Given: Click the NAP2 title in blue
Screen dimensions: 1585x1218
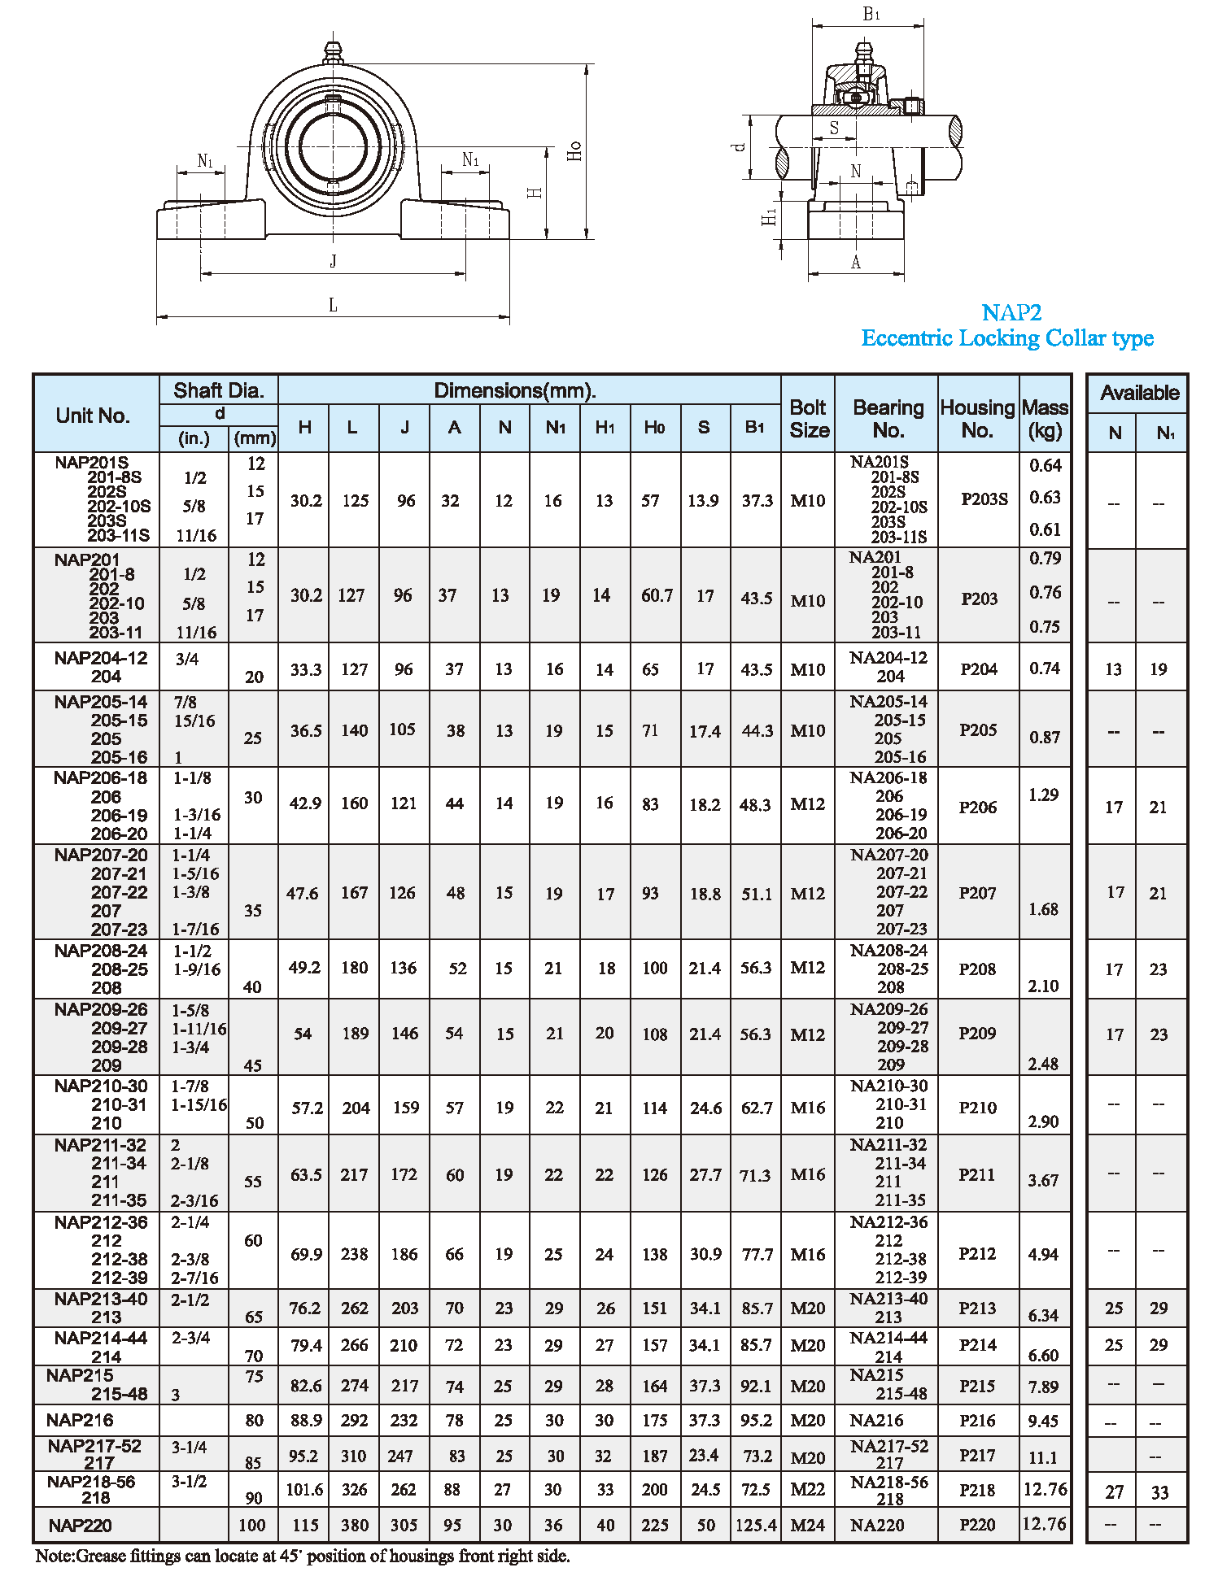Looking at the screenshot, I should [x=1011, y=312].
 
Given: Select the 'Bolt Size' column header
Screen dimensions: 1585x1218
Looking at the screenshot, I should [x=809, y=418].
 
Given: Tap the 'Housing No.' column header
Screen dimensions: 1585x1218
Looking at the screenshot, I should [x=977, y=418].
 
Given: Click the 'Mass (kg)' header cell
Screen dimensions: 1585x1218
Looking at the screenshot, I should [x=1045, y=418].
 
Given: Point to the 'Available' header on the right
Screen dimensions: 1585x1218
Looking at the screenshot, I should [x=1139, y=393].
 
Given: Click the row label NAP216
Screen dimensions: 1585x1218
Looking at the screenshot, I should [x=80, y=1420].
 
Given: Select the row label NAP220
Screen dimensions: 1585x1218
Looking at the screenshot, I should [x=80, y=1526].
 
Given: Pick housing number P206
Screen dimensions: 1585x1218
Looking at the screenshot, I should [x=977, y=807].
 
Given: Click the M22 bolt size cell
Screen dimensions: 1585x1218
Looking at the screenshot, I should [x=808, y=1490].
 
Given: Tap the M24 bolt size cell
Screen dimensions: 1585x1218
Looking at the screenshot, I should [x=808, y=1526].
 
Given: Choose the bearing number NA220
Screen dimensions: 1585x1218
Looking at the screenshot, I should [x=877, y=1526].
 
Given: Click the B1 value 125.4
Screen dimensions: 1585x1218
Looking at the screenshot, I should [x=756, y=1526].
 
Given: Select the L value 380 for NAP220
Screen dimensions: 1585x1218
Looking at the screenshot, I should [x=355, y=1526].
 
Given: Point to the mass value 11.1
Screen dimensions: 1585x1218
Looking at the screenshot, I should [x=1043, y=1457].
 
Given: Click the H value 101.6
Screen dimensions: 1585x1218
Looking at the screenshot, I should [x=304, y=1490].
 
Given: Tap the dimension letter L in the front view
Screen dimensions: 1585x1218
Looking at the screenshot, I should [x=333, y=305].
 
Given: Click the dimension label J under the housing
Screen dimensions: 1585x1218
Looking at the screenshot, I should [x=333, y=261].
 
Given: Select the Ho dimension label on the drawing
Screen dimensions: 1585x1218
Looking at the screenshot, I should [x=574, y=151].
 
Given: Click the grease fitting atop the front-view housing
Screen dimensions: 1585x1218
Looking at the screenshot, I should [x=332, y=53].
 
